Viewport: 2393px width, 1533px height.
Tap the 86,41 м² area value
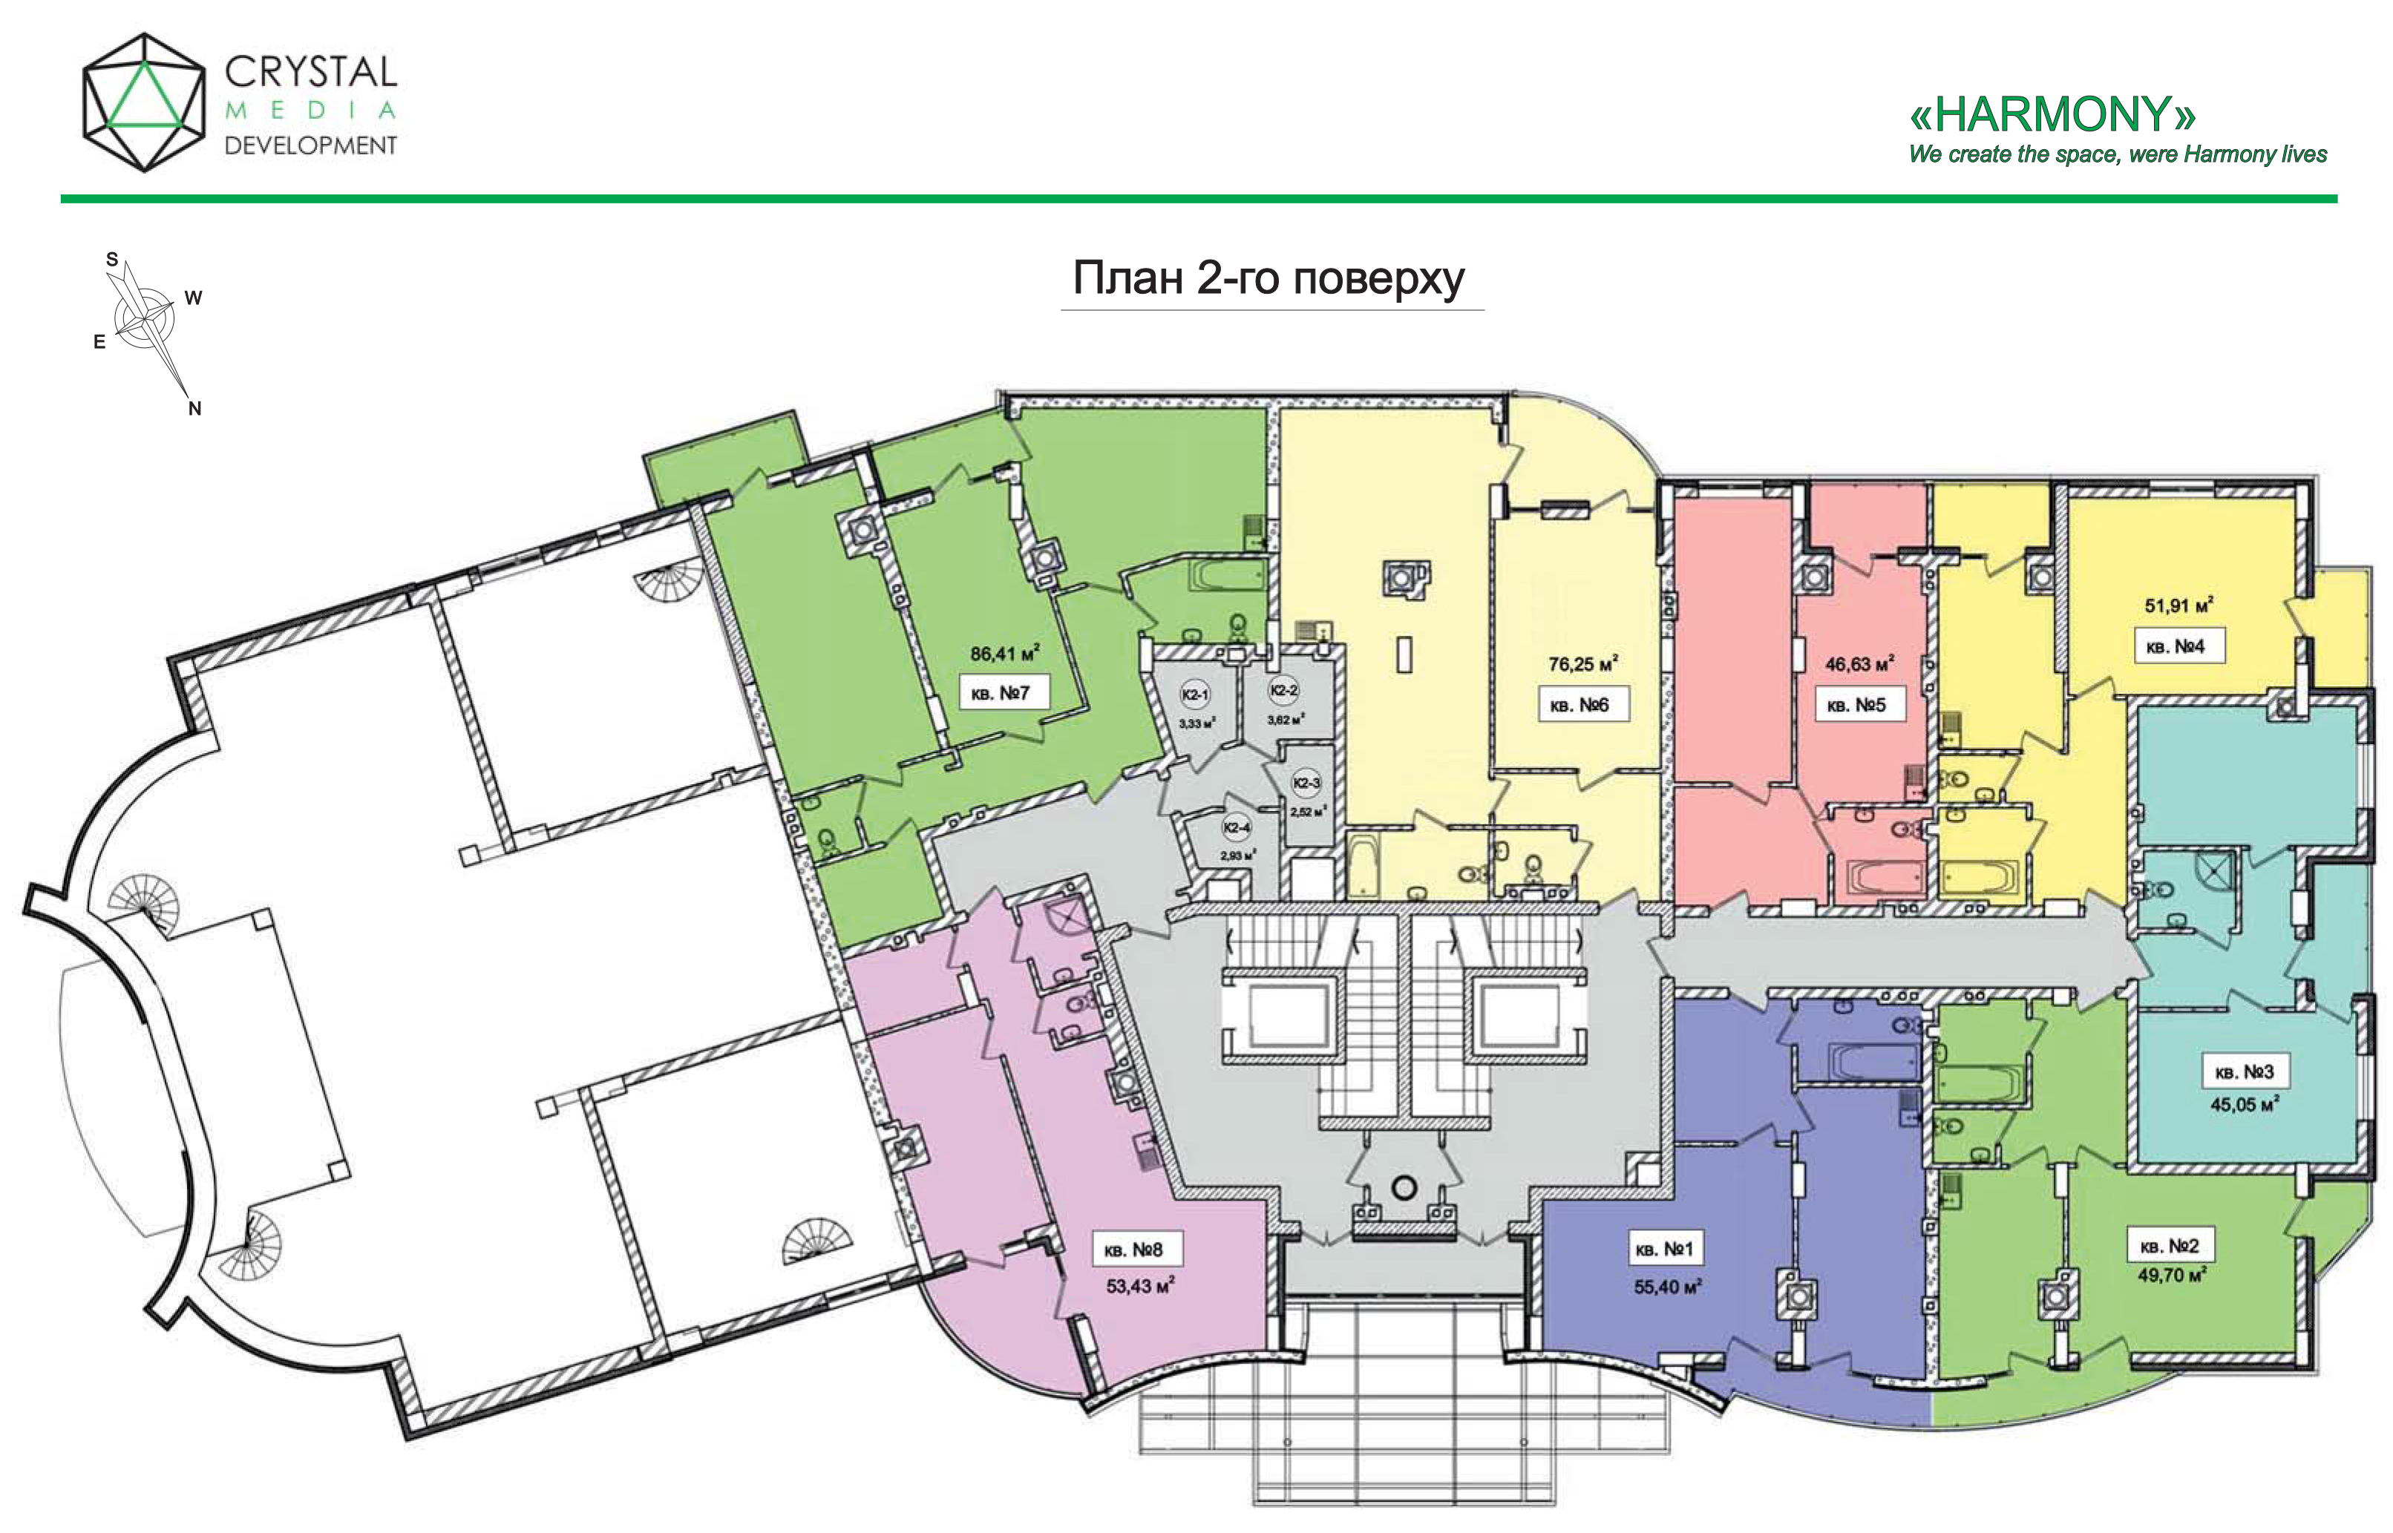click(x=1005, y=653)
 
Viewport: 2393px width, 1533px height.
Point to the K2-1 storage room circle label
click(x=1195, y=695)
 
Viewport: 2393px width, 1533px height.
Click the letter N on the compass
click(x=195, y=408)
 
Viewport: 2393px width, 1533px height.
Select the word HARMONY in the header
click(x=2052, y=114)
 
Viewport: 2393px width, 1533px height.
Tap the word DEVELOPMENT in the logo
click(x=311, y=145)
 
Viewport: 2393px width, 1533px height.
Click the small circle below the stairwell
click(x=1404, y=1186)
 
